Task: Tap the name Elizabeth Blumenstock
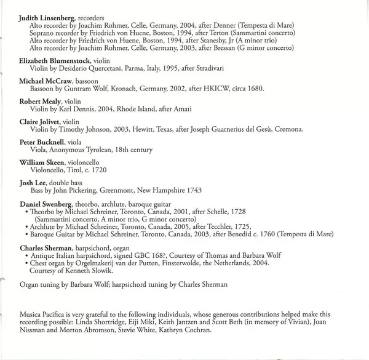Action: (x=55, y=61)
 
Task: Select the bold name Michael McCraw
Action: (x=46, y=81)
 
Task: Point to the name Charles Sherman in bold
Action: (x=48, y=247)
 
